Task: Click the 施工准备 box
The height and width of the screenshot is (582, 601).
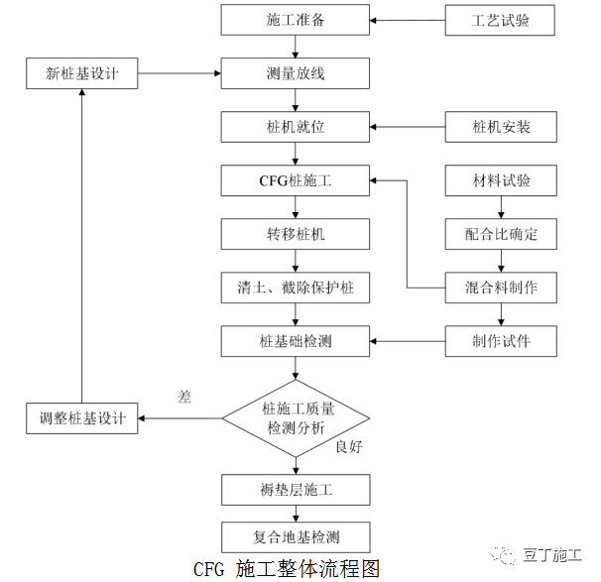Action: pyautogui.click(x=295, y=19)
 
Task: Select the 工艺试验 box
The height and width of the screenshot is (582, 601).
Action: pyautogui.click(x=500, y=19)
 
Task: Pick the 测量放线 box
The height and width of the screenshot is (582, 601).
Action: pyautogui.click(x=295, y=73)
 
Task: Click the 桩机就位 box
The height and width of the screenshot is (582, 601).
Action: pyautogui.click(x=295, y=127)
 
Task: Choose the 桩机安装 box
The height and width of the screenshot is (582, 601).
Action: pyautogui.click(x=500, y=127)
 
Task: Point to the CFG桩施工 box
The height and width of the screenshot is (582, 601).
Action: pyautogui.click(x=295, y=180)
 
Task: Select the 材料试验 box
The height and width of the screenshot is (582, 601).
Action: pyautogui.click(x=500, y=180)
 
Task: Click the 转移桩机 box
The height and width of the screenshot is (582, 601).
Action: pyautogui.click(x=295, y=234)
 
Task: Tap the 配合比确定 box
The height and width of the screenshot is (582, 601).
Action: pyautogui.click(x=500, y=234)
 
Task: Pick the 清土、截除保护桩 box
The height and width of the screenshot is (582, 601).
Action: pyautogui.click(x=295, y=288)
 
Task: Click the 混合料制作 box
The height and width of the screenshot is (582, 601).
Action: pyautogui.click(x=500, y=288)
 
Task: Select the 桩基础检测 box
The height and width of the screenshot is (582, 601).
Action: pyautogui.click(x=295, y=341)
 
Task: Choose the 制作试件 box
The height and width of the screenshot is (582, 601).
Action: pyautogui.click(x=500, y=341)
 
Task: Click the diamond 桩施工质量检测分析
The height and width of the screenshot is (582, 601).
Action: pyautogui.click(x=295, y=417)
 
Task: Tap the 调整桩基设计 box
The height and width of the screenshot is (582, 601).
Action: pyautogui.click(x=82, y=417)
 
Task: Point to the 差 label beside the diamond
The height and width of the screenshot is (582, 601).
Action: pyautogui.click(x=183, y=396)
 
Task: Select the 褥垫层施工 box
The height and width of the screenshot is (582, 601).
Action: pyautogui.click(x=295, y=489)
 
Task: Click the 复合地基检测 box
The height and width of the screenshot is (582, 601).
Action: pyautogui.click(x=295, y=536)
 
